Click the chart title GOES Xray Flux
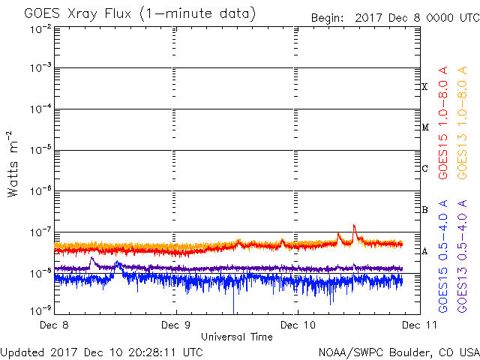[78, 13]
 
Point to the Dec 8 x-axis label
[54, 325]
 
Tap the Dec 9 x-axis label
[175, 325]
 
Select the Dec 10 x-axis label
[298, 325]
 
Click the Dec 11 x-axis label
[419, 325]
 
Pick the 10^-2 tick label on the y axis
[40, 29]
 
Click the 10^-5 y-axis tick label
[40, 150]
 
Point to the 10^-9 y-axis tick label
[40, 310]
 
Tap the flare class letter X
[424, 87]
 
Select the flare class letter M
[425, 127]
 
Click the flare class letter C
[424, 168]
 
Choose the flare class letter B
[424, 210]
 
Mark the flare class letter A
[424, 251]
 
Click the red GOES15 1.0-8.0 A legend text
[443, 123]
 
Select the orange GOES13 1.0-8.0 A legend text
[462, 123]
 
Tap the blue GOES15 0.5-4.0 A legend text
[443, 256]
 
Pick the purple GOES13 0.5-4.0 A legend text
[462, 256]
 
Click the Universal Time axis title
[237, 337]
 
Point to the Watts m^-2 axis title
[13, 164]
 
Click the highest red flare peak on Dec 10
[354, 225]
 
